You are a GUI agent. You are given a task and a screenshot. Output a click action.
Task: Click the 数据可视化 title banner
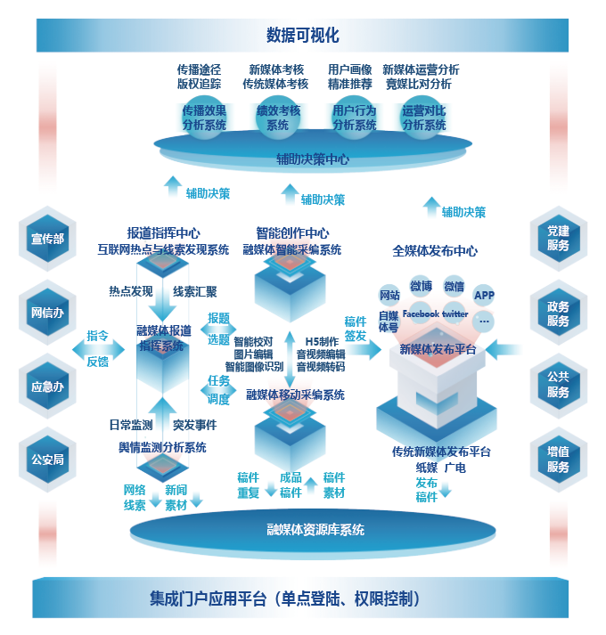click(x=302, y=36)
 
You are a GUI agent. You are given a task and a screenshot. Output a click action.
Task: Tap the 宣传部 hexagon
click(x=47, y=239)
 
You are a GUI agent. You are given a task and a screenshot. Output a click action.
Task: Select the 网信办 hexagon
click(x=47, y=313)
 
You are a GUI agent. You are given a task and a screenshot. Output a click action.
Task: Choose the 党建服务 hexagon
click(x=558, y=239)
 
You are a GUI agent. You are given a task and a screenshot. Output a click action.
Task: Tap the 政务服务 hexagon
click(x=558, y=313)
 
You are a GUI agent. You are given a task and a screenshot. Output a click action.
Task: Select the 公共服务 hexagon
click(x=558, y=387)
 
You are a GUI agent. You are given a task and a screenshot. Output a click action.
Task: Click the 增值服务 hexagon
click(x=558, y=460)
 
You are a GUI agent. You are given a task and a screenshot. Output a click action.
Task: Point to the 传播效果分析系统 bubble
click(x=204, y=118)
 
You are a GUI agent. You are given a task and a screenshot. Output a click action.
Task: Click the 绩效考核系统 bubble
click(x=278, y=118)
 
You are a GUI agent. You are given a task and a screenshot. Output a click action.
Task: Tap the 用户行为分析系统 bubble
click(x=353, y=118)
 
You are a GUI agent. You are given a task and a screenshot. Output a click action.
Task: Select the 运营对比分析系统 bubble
click(x=423, y=118)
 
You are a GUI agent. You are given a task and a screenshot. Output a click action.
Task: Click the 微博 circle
click(x=421, y=287)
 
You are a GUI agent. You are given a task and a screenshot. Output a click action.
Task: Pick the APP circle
click(x=484, y=295)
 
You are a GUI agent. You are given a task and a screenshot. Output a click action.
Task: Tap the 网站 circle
click(x=389, y=295)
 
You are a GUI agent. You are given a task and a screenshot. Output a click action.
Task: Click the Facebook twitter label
click(x=435, y=314)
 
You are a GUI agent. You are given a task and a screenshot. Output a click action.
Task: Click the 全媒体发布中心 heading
click(x=435, y=251)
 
